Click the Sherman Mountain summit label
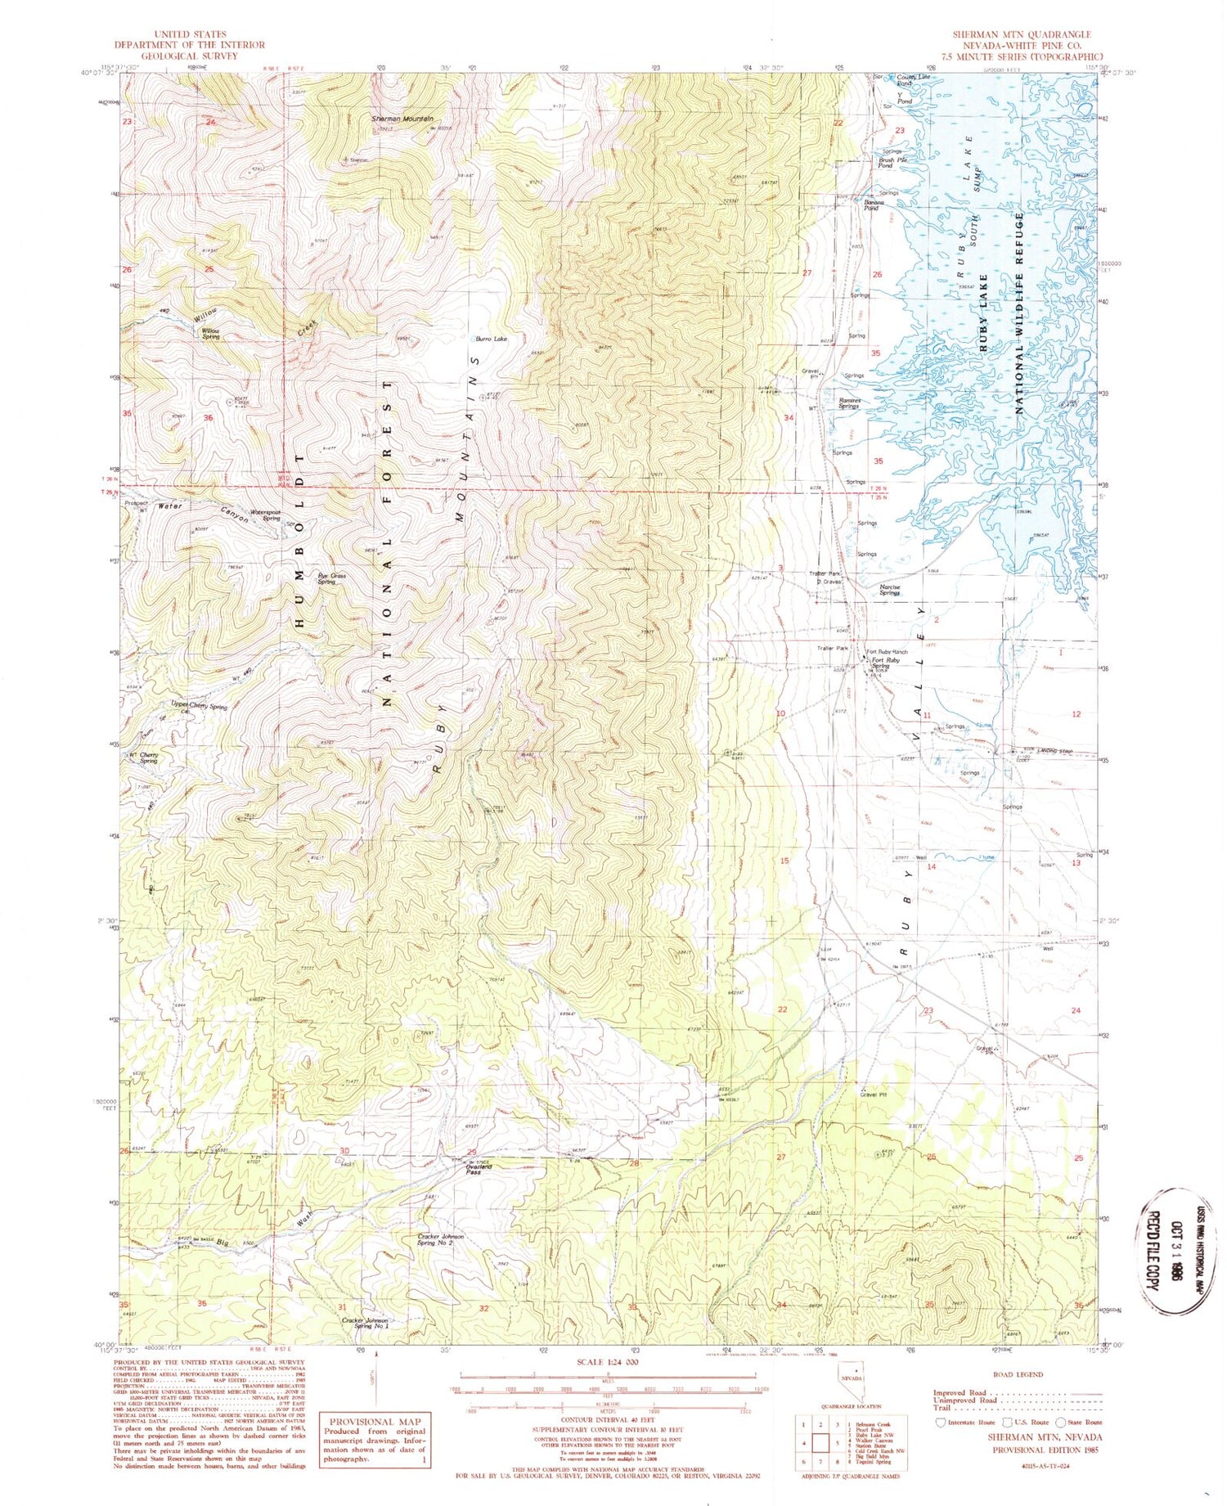pyautogui.click(x=402, y=119)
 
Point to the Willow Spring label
pyautogui.click(x=211, y=334)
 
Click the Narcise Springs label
pyautogui.click(x=891, y=590)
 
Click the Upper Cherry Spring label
pyautogui.click(x=199, y=705)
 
